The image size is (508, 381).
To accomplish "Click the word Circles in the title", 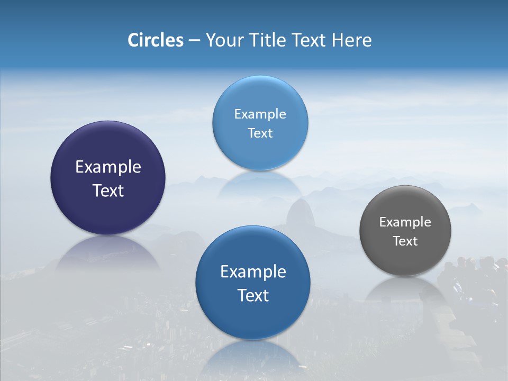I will [x=155, y=40].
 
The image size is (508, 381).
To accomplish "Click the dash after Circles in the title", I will [x=194, y=41].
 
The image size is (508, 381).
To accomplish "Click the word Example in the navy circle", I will [x=108, y=167].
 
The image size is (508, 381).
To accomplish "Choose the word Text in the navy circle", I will [x=108, y=190].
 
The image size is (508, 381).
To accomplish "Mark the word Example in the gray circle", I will [x=405, y=222].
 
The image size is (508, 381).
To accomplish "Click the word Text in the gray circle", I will [x=405, y=241].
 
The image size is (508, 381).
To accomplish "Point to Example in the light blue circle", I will [x=260, y=114].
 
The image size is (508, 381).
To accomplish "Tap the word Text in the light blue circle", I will [x=260, y=133].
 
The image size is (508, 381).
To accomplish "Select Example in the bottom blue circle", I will [x=253, y=272].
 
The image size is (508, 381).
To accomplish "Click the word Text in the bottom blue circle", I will [x=253, y=295].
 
